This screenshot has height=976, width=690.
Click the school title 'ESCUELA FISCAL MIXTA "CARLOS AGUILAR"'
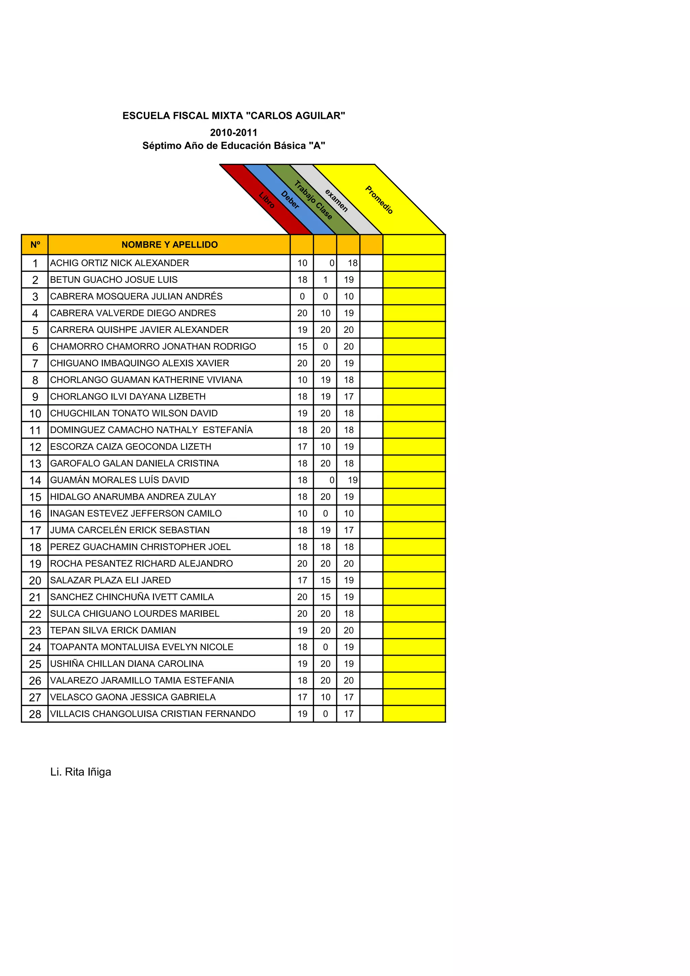tap(233, 116)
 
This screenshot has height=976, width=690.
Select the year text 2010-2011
tap(233, 133)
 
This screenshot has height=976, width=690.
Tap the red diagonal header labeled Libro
tap(267, 200)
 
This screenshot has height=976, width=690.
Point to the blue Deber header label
tap(290, 200)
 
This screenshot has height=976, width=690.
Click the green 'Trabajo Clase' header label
tap(313, 200)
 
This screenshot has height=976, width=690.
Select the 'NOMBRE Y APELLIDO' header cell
tap(169, 245)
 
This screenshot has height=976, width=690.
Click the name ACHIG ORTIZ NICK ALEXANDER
tap(120, 263)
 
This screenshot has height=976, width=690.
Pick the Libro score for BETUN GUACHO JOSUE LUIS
tap(302, 280)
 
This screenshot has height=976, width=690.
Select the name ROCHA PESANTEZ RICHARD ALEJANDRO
tap(141, 564)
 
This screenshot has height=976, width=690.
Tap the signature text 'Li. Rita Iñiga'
tap(81, 772)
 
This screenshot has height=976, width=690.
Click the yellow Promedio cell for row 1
tap(414, 263)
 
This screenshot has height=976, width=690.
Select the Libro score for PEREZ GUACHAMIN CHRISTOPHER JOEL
tap(302, 547)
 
